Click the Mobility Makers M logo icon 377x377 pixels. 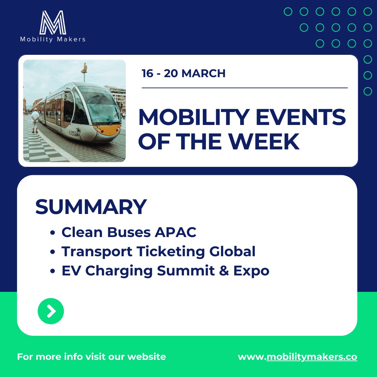pyautogui.click(x=53, y=22)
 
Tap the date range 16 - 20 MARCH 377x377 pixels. pyautogui.click(x=183, y=74)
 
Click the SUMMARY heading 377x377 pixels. pyautogui.click(x=91, y=207)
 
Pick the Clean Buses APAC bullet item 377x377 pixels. pyautogui.click(x=129, y=232)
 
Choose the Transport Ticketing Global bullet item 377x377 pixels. pyautogui.click(x=158, y=252)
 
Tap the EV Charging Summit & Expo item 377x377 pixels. pyautogui.click(x=165, y=271)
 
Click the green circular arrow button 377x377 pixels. pyautogui.click(x=51, y=311)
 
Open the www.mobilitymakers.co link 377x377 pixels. pyautogui.click(x=297, y=357)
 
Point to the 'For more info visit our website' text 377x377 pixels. pyautogui.click(x=91, y=357)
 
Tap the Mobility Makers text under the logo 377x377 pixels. pyautogui.click(x=53, y=39)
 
